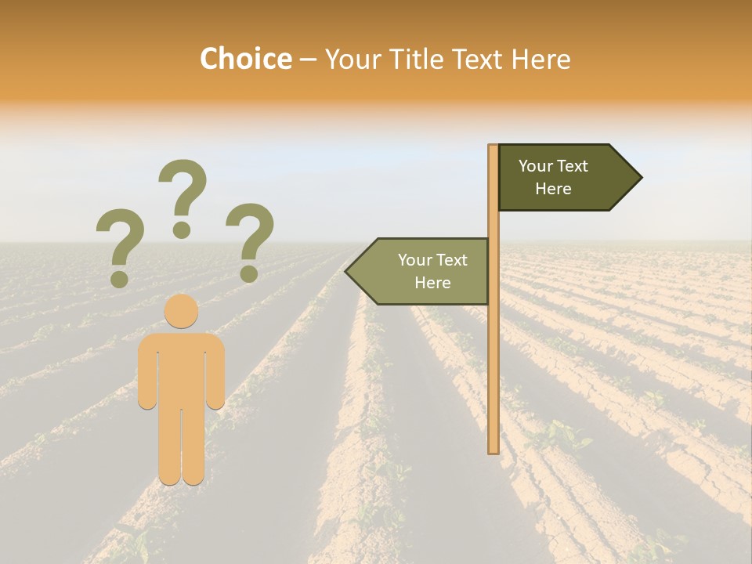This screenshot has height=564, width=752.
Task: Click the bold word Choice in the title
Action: [x=245, y=59]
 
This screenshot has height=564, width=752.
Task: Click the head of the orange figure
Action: [x=181, y=311]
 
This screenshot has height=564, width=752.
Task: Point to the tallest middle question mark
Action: [x=183, y=196]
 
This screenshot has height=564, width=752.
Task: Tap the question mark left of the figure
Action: [x=120, y=246]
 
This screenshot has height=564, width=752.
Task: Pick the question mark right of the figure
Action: [x=250, y=241]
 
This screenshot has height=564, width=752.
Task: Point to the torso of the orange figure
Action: [x=181, y=368]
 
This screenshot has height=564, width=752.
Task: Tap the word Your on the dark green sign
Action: [x=536, y=166]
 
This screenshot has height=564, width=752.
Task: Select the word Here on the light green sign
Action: [x=432, y=283]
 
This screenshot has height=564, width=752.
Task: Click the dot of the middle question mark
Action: [x=182, y=230]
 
